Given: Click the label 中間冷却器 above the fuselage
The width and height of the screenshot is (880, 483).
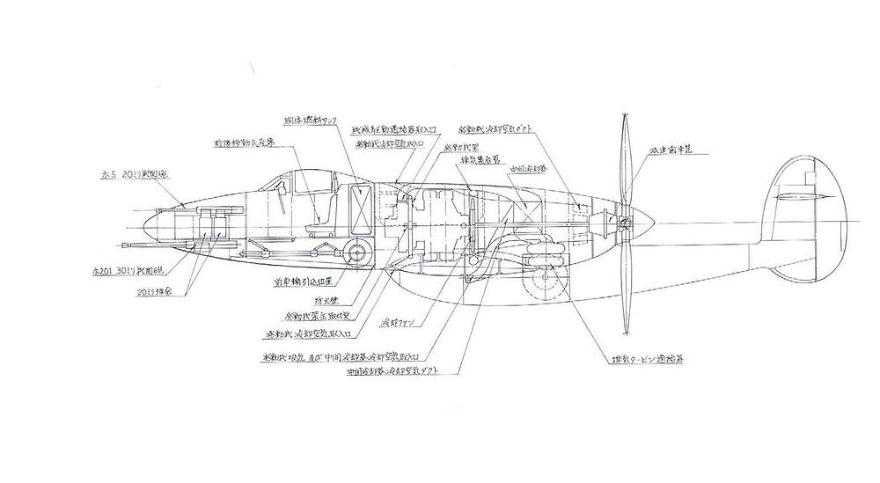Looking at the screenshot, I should click(525, 167).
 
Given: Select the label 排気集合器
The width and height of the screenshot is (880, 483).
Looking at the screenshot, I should click(480, 160).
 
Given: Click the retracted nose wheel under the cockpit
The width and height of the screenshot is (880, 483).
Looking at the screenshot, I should click(356, 254).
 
